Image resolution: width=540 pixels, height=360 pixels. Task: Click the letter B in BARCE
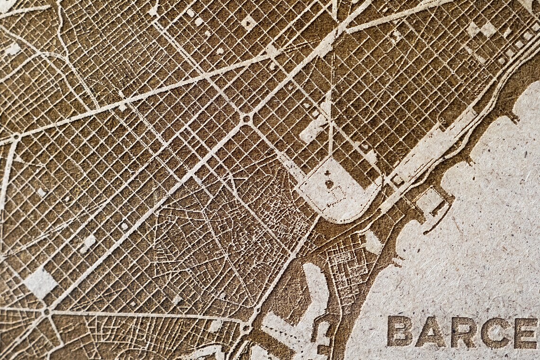pos(399,331)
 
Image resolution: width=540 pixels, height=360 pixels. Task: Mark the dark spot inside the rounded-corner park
pos(329,184)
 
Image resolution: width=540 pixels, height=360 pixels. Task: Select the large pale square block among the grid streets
pos(40,283)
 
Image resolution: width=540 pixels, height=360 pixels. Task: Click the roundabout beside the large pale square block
pos(46,312)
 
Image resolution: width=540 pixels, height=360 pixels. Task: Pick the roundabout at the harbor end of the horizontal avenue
pos(246,327)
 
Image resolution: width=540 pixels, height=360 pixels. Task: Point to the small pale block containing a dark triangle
pos(397,180)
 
